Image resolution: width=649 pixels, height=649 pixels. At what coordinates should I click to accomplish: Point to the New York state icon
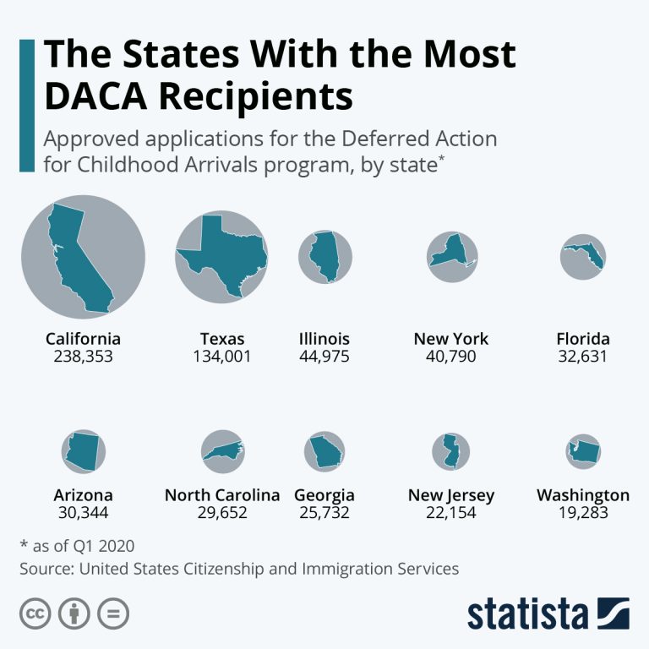click(x=451, y=254)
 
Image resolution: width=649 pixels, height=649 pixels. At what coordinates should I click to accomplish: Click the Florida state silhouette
click(x=586, y=256)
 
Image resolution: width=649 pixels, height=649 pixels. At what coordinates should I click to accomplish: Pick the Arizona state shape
click(x=84, y=451)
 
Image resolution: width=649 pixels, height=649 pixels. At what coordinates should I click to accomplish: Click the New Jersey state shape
click(x=450, y=451)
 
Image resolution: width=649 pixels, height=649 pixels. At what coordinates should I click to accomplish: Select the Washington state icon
click(x=583, y=452)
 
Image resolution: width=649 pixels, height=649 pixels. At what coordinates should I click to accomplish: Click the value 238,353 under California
click(x=83, y=357)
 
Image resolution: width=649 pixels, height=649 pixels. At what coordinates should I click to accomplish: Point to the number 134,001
click(x=222, y=357)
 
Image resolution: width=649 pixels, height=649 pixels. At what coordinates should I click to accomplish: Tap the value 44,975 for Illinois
click(x=324, y=357)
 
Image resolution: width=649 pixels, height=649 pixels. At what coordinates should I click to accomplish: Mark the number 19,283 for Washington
click(x=582, y=513)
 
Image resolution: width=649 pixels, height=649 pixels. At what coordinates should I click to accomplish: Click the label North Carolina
click(x=222, y=495)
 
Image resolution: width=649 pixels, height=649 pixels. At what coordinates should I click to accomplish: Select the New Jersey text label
click(x=451, y=495)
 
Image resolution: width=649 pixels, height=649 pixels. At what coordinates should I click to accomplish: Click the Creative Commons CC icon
click(x=35, y=614)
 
